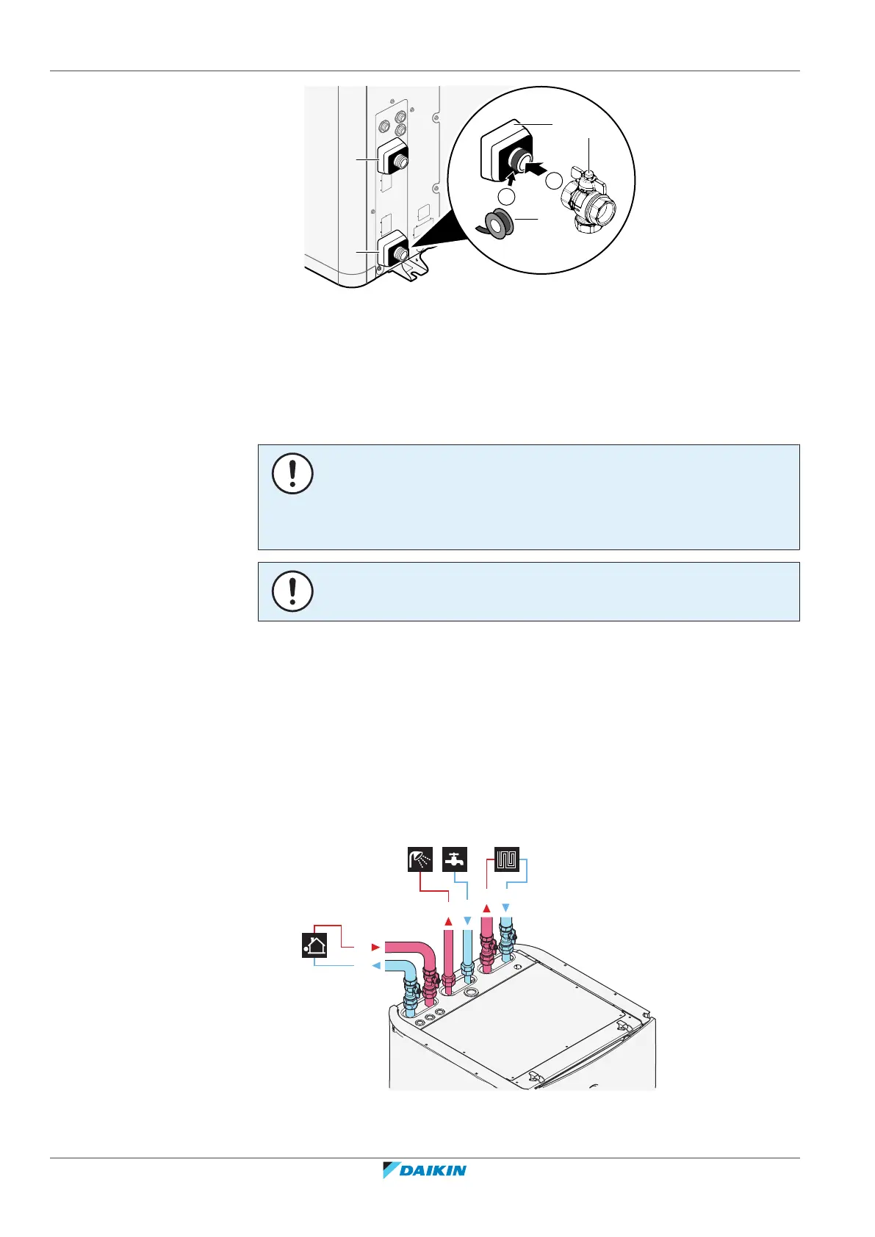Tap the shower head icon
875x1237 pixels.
[420, 859]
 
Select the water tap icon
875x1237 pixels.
[455, 859]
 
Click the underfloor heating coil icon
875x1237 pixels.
[507, 859]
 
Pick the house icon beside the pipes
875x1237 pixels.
[314, 945]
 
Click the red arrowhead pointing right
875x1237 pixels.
[375, 948]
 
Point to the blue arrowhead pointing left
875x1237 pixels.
[376, 966]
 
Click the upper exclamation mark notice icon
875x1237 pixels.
[292, 474]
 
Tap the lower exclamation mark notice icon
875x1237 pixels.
[292, 591]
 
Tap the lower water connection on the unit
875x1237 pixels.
[392, 250]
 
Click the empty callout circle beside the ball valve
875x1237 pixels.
[556, 181]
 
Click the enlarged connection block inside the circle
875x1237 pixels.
[507, 151]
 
